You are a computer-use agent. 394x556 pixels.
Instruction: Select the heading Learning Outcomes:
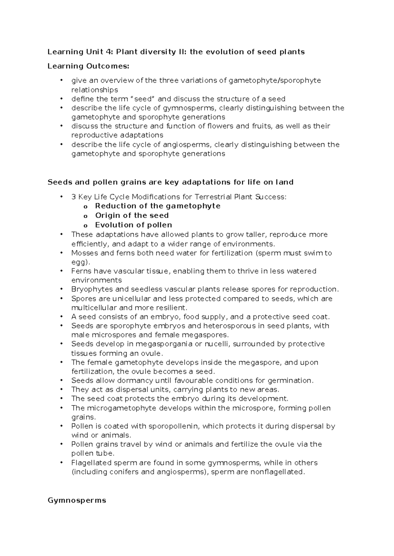pos(88,66)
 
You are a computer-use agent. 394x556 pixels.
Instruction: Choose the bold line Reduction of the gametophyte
pos(158,206)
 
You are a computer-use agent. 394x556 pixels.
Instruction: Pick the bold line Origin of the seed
pos(132,215)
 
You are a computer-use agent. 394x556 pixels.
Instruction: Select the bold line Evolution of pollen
pos(133,225)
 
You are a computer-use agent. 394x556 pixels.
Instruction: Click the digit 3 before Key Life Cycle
pos(73,197)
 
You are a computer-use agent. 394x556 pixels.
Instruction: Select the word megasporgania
pos(161,344)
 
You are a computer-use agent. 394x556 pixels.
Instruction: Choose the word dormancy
pos(136,381)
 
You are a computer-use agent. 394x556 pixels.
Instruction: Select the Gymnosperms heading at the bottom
pos(77,501)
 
